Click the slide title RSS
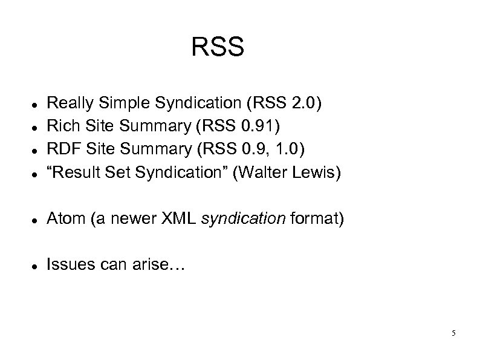(218, 47)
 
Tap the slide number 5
(453, 333)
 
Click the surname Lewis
(316, 173)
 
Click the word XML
(180, 219)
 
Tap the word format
(314, 219)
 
